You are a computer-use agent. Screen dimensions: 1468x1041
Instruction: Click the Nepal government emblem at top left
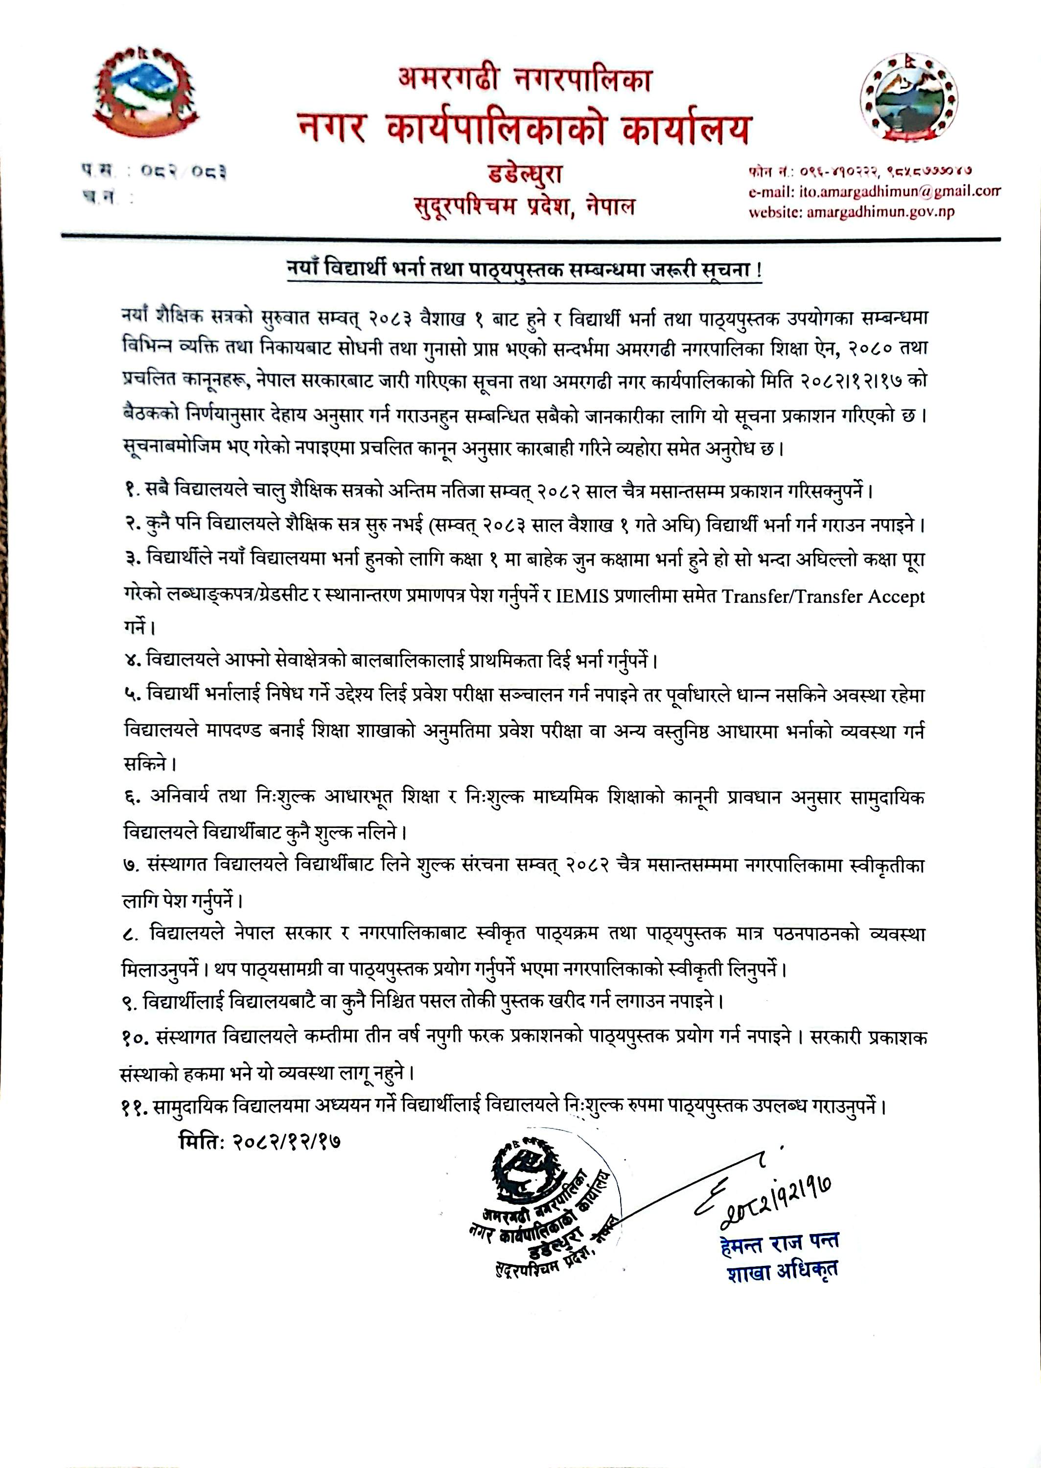tap(145, 93)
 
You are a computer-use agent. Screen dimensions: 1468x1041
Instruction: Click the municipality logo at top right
tap(908, 100)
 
